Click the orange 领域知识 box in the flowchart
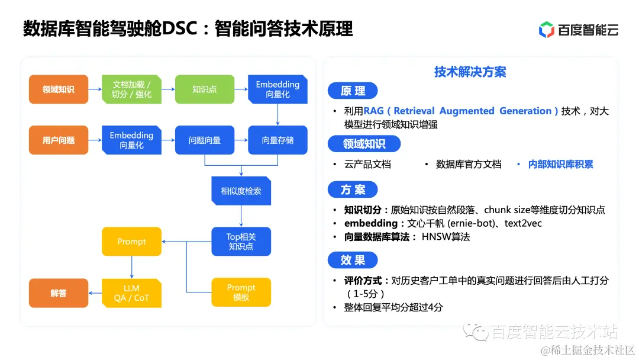tap(59, 89)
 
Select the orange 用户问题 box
tap(59, 140)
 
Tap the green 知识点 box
tap(204, 89)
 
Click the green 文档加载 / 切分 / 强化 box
tap(131, 89)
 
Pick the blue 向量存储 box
tap(277, 140)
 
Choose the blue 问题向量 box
tap(204, 140)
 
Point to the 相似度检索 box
tap(241, 191)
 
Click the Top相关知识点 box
tap(241, 241)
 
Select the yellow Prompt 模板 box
tap(241, 292)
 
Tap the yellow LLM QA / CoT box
tap(131, 292)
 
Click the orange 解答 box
tap(59, 292)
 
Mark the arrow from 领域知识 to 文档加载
tap(95, 89)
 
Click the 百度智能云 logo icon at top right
tap(546, 30)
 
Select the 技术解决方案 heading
tap(470, 72)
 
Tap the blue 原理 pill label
tap(353, 91)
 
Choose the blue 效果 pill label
tap(353, 260)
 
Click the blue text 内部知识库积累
tap(560, 164)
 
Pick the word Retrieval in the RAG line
tap(414, 111)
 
